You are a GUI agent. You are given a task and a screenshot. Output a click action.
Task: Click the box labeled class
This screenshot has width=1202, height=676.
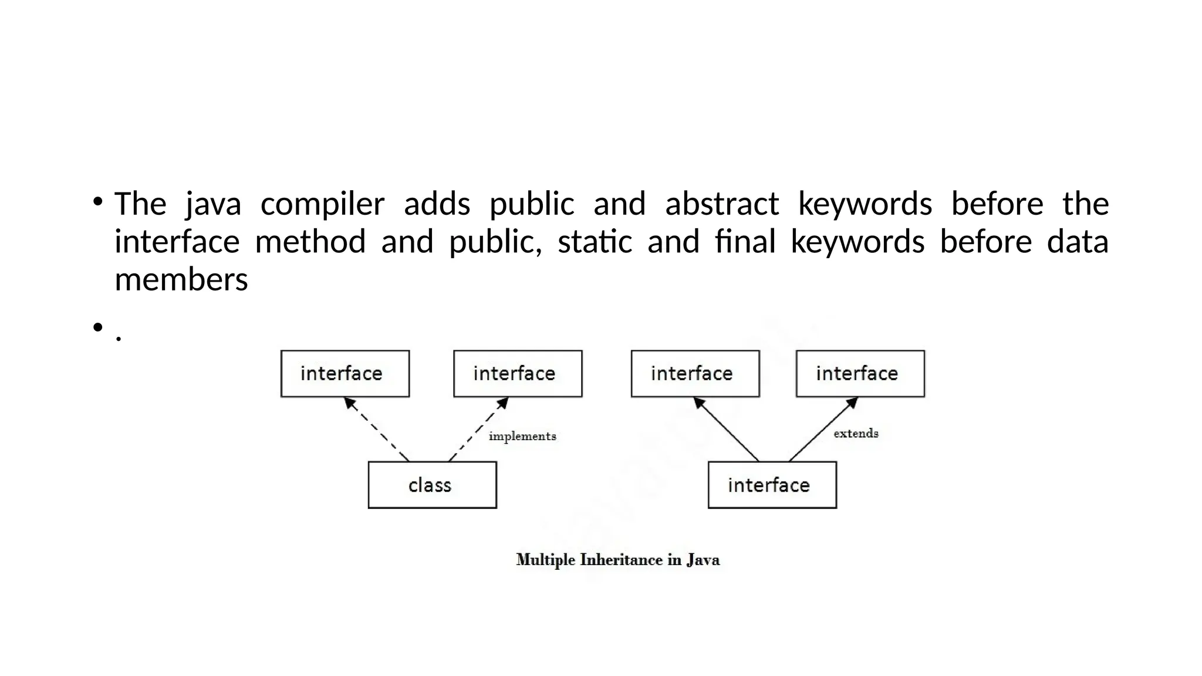pyautogui.click(x=432, y=485)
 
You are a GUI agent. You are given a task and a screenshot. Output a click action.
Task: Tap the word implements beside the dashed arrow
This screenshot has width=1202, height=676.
pyautogui.click(x=522, y=437)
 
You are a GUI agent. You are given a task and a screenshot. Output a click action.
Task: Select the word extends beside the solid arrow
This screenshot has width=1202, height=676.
pyautogui.click(x=856, y=434)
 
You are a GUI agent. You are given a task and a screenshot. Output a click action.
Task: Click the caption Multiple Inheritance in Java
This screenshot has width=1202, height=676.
pyautogui.click(x=617, y=560)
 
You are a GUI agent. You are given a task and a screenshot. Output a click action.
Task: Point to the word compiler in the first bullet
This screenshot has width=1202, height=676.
pyautogui.click(x=322, y=204)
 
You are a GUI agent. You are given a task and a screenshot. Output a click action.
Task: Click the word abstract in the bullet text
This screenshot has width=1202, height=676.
pyautogui.click(x=721, y=204)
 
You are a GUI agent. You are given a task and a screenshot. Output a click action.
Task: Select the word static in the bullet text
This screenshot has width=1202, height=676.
pyautogui.click(x=595, y=242)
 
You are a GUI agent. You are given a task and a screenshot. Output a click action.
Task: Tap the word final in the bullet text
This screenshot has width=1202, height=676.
pyautogui.click(x=745, y=242)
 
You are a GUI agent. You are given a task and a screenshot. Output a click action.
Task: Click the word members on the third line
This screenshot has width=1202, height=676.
pyautogui.click(x=181, y=279)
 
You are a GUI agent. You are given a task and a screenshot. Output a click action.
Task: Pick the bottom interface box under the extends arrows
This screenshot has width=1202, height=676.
pyautogui.click(x=772, y=485)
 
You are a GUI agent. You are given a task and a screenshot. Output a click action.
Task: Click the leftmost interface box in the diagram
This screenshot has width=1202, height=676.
pyautogui.click(x=345, y=374)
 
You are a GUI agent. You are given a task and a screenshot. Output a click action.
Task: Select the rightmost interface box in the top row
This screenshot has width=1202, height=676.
pyautogui.click(x=860, y=374)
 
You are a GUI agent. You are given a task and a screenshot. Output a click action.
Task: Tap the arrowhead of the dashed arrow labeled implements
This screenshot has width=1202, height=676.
pyautogui.click(x=503, y=403)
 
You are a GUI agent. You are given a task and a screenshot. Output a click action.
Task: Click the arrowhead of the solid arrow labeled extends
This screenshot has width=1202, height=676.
pyautogui.click(x=852, y=403)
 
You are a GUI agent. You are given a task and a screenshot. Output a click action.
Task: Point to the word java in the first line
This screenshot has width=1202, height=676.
pyautogui.click(x=213, y=204)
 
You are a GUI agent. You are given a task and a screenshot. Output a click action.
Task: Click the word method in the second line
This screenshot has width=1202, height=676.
pyautogui.click(x=310, y=242)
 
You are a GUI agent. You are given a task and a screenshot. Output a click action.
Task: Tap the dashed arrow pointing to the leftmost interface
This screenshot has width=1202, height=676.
pyautogui.click(x=376, y=429)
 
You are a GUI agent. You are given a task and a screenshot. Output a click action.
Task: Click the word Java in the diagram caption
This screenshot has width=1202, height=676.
pyautogui.click(x=703, y=560)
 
